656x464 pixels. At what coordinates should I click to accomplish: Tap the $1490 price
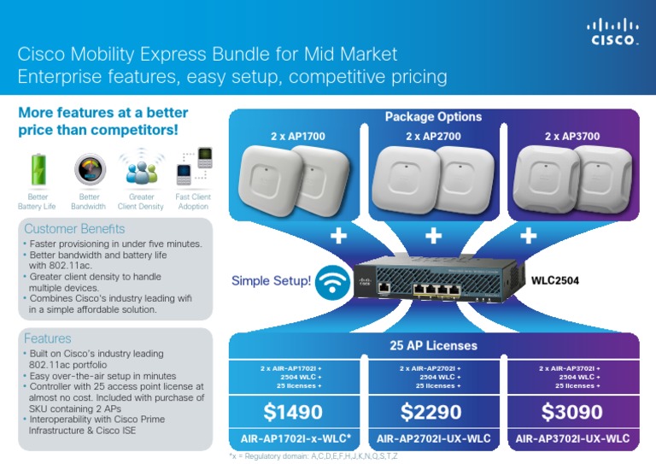(294, 413)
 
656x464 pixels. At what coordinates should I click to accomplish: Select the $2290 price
(432, 413)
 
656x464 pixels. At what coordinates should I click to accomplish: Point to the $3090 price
(571, 413)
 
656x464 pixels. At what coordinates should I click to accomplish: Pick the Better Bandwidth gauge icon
(88, 167)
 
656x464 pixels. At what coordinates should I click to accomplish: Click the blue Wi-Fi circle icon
(331, 280)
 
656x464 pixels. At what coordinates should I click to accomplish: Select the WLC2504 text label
(556, 279)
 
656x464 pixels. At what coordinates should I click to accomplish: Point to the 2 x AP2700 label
(433, 135)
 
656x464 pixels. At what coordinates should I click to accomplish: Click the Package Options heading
(433, 117)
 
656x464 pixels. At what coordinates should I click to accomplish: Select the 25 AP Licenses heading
(433, 346)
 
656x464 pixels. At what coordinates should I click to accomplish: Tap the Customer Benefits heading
(74, 229)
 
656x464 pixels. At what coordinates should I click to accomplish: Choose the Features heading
(48, 338)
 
